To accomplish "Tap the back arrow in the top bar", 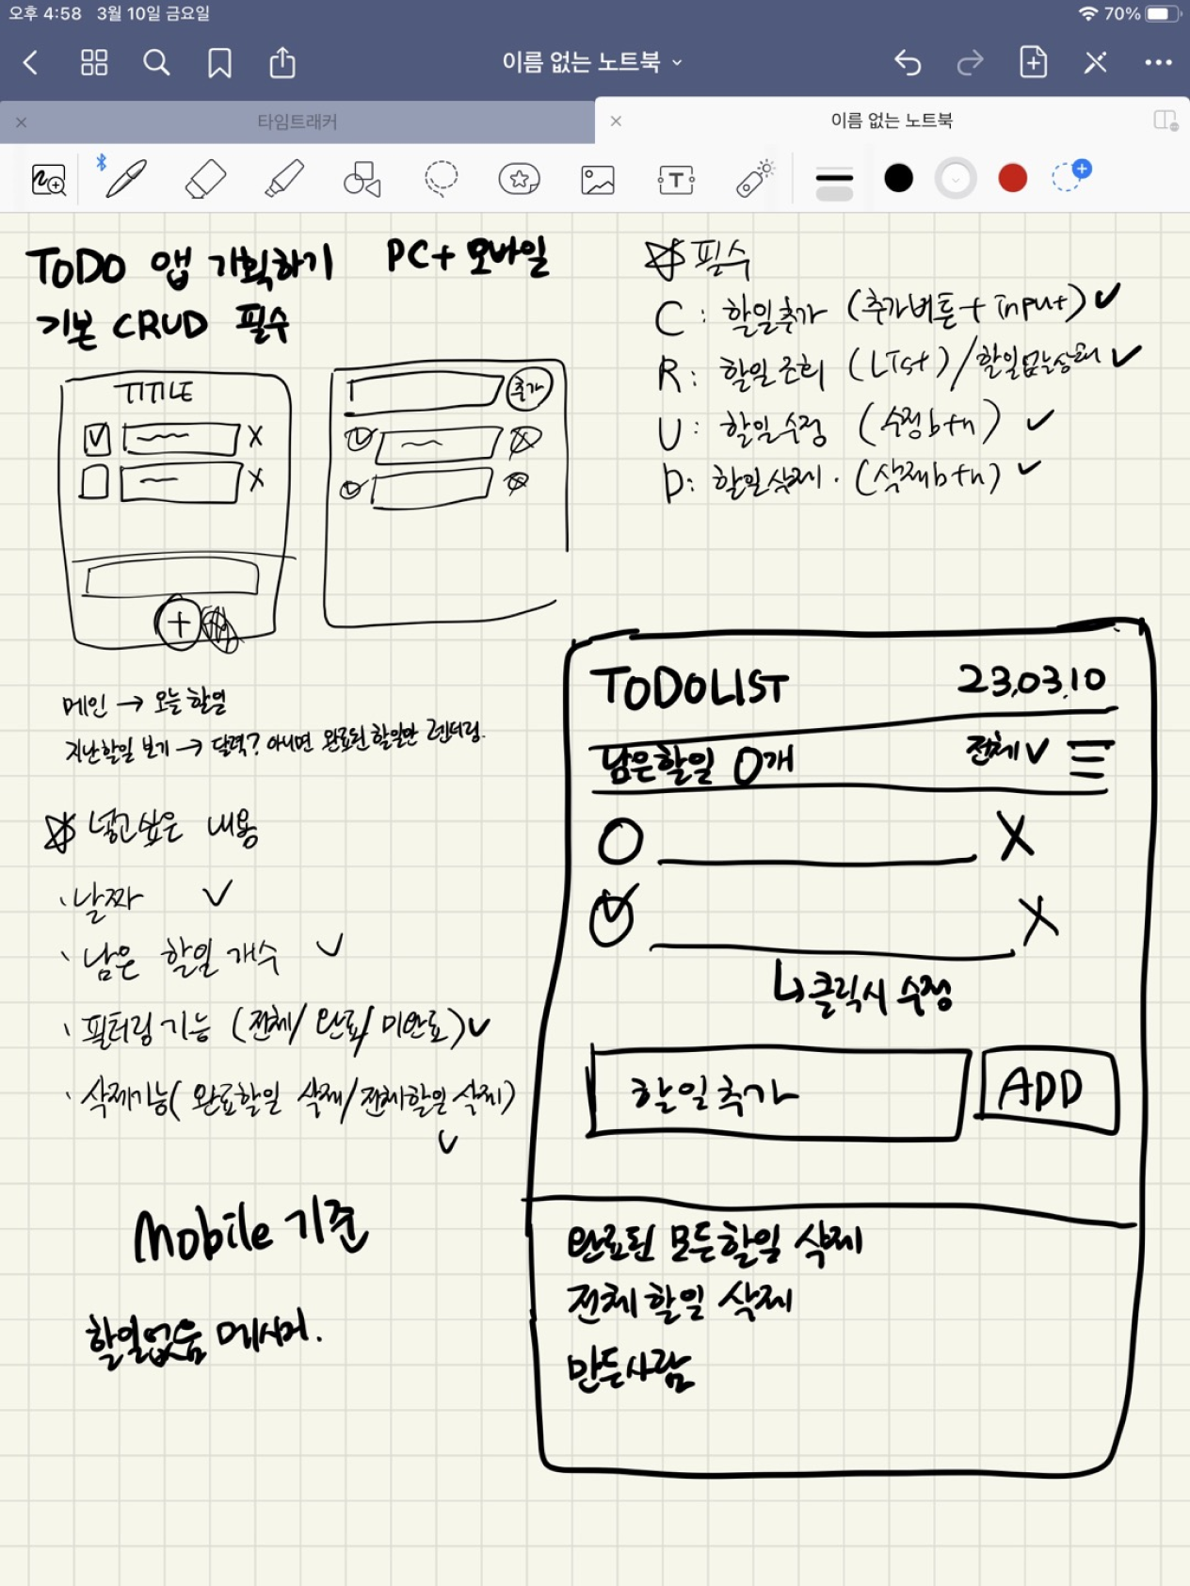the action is (x=30, y=63).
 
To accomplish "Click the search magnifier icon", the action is (x=156, y=63).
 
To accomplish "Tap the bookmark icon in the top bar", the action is (x=219, y=63).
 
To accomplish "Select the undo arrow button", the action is (x=908, y=63).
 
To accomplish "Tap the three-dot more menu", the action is (x=1158, y=63).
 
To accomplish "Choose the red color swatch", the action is (x=1012, y=178).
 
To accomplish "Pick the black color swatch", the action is (x=899, y=178).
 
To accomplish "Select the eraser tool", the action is (x=205, y=178).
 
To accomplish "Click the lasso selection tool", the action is (x=441, y=178).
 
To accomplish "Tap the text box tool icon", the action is (x=676, y=179).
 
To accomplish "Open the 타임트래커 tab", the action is (x=297, y=121).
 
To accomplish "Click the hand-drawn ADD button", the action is (x=1046, y=1091).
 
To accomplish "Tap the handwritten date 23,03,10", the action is (x=1032, y=680).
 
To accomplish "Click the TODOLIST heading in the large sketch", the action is (x=689, y=688).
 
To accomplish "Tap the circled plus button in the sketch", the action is (x=178, y=623).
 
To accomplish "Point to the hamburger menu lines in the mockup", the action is (x=1090, y=759).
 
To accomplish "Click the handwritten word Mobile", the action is (x=202, y=1235).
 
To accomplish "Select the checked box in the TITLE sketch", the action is (x=97, y=439).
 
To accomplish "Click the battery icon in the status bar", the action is (x=1162, y=14).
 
